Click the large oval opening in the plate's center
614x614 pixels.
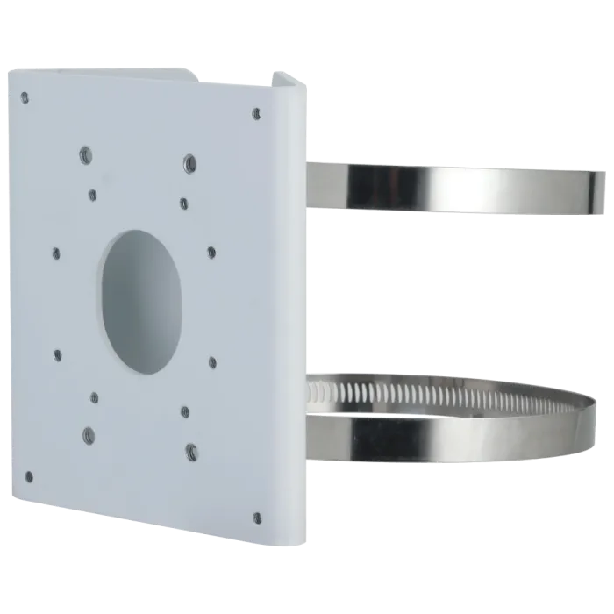pos(141,301)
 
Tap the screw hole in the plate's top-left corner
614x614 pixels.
pos(25,97)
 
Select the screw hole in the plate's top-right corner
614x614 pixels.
pos(256,113)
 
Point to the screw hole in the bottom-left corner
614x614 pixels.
pos(29,477)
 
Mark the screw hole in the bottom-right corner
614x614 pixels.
pos(257,518)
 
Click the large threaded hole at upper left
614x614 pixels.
pos(86,155)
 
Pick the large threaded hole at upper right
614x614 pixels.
pos(189,163)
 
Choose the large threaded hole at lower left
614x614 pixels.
pos(89,434)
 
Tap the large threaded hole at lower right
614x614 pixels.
pos(190,452)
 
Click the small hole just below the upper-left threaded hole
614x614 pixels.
pos(92,195)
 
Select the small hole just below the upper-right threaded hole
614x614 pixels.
pos(183,203)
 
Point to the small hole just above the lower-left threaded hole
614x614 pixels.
pos(95,397)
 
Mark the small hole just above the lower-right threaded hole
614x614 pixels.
pos(184,411)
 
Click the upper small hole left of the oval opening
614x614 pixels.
pos(56,253)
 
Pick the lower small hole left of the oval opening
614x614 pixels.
pos(58,355)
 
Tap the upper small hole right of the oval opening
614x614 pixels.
pos(211,252)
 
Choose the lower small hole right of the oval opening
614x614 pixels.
pos(212,360)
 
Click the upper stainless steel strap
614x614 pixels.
pos(456,186)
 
